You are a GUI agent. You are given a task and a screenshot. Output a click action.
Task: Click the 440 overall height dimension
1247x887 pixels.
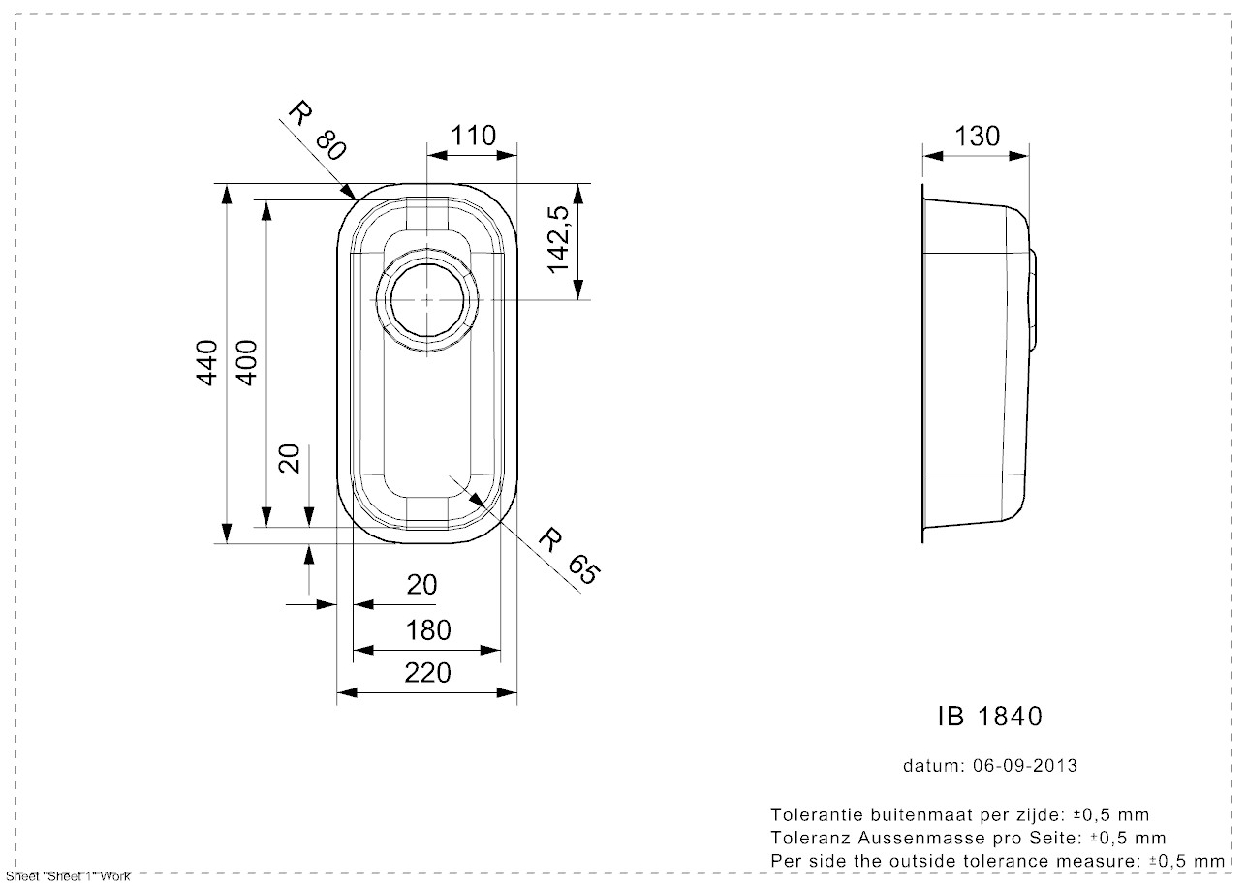[x=206, y=363]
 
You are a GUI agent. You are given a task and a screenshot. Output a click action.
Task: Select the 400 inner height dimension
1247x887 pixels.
[x=247, y=363]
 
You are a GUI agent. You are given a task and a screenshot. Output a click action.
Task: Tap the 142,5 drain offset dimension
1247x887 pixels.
[x=558, y=240]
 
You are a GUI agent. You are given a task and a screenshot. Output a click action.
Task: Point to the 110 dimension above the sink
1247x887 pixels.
[x=473, y=136]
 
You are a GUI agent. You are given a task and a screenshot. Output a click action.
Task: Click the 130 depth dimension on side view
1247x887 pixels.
[x=977, y=137]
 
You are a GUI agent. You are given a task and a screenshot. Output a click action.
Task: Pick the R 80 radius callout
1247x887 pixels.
[x=317, y=130]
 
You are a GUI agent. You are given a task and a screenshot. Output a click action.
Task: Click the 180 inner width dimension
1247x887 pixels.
[x=427, y=630]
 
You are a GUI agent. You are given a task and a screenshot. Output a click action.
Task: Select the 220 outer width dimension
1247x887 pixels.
[x=427, y=673]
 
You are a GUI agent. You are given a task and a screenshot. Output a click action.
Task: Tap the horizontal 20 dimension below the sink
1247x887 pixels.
[x=422, y=585]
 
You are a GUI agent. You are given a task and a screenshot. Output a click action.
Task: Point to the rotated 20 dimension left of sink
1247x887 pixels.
[x=290, y=459]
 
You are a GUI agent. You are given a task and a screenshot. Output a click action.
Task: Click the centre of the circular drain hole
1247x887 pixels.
[x=427, y=300]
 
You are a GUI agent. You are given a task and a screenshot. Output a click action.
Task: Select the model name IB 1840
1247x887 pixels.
[x=990, y=717]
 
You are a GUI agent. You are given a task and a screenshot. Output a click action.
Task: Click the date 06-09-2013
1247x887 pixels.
[x=1025, y=766]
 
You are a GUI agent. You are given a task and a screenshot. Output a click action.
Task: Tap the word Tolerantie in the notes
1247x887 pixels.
[x=812, y=815]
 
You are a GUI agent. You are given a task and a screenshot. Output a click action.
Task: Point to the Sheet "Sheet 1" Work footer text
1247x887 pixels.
[x=68, y=876]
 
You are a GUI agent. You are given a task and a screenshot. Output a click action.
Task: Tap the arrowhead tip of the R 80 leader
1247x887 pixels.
[x=357, y=199]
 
